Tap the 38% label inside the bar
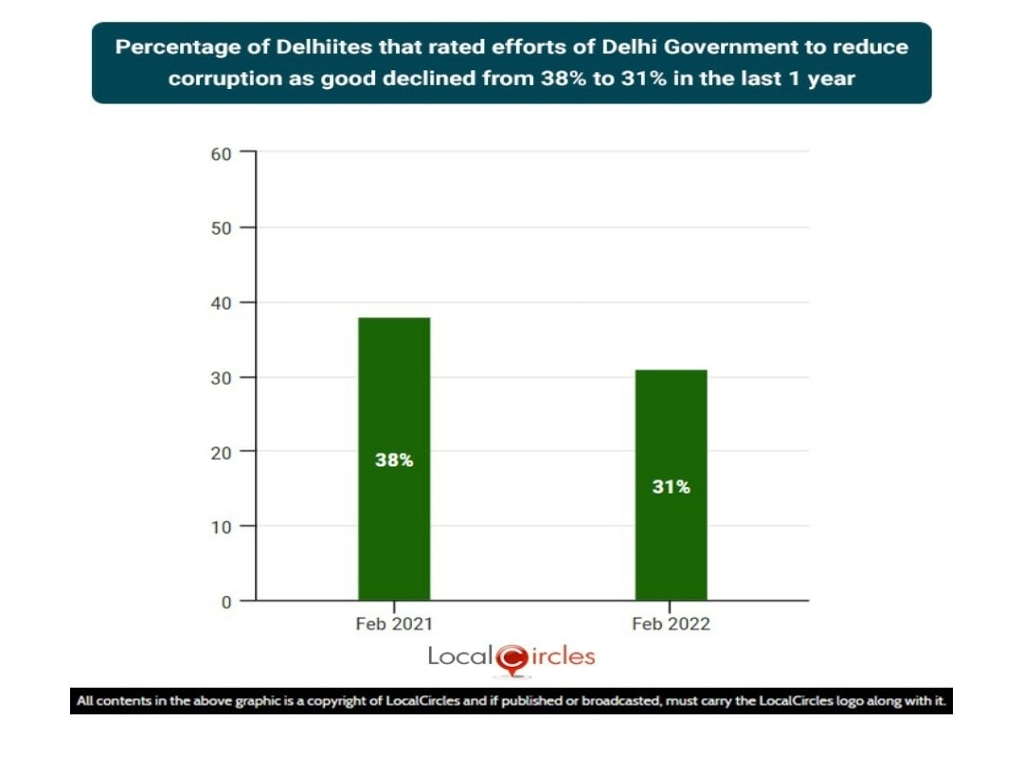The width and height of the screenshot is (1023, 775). pos(394,460)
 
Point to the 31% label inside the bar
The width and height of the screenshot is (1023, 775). pos(671,487)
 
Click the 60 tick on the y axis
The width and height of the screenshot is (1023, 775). pos(221,153)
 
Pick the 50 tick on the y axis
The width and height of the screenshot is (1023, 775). pos(221,227)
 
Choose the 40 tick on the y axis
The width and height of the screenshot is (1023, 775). pos(221,302)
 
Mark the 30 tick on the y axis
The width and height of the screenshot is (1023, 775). pos(221,377)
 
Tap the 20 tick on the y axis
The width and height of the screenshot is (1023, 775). pos(221,452)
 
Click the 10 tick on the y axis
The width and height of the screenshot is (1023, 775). pos(221,527)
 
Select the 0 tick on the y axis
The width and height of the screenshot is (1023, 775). pos(225,602)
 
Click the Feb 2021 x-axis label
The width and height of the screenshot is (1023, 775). pos(394,624)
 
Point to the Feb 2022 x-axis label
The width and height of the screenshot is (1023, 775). pos(671,624)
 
